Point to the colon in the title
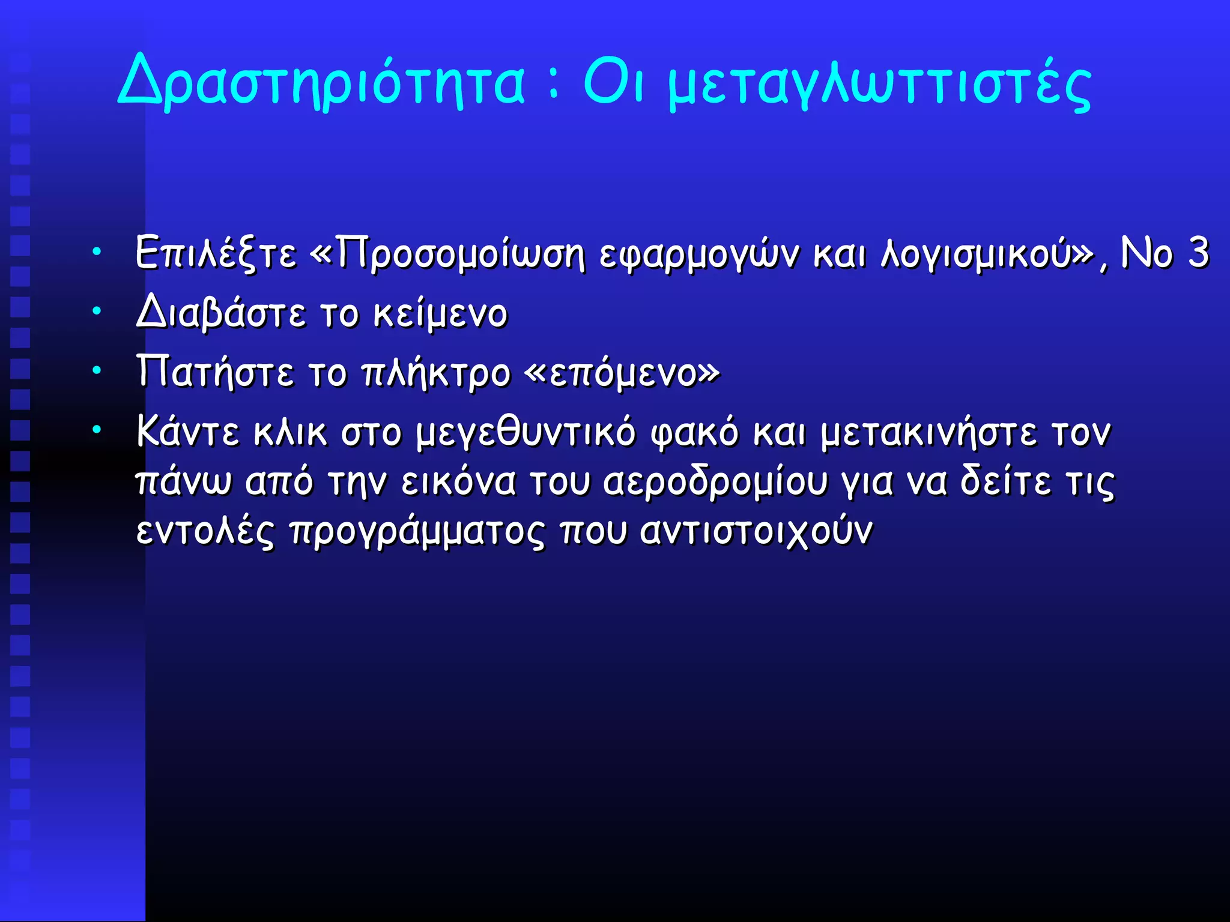coord(554,85)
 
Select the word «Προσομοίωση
coord(447,253)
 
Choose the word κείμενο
coord(440,313)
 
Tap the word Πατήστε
coord(215,372)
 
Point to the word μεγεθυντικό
coord(526,432)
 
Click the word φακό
coord(695,432)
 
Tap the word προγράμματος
coord(417,531)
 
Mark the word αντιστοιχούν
coord(756,531)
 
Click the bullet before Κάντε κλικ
coord(96,430)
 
